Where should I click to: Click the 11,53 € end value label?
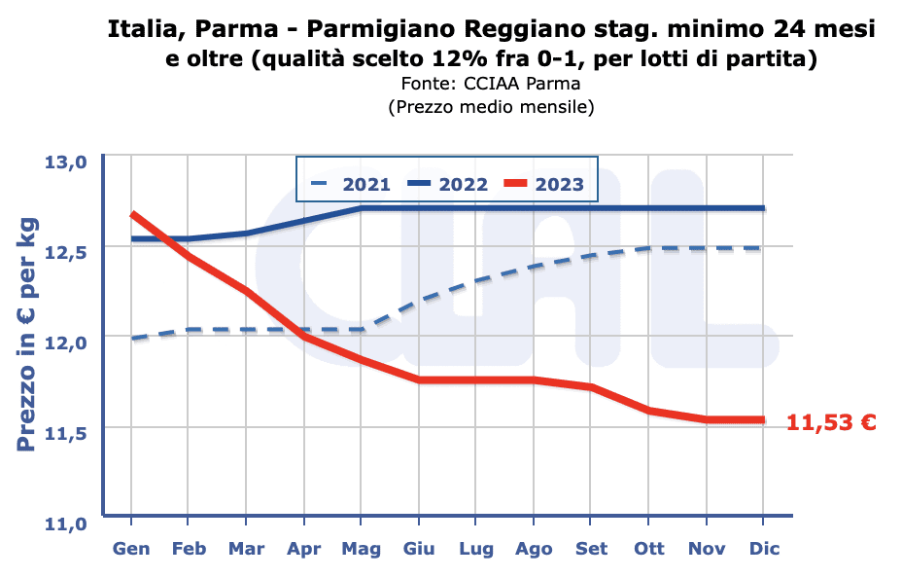831,422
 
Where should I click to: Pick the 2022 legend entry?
448,184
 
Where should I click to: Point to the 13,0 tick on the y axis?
67,162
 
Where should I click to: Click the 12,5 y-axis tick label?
67,252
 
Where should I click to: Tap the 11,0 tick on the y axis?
67,523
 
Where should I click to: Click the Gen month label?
131,549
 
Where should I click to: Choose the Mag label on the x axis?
361,549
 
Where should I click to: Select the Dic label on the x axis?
763,549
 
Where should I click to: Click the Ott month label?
648,549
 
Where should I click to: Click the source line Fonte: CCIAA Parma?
491,84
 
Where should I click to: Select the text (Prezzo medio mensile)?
491,106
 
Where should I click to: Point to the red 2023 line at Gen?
132,214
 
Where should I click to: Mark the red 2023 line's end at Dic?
762,420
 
